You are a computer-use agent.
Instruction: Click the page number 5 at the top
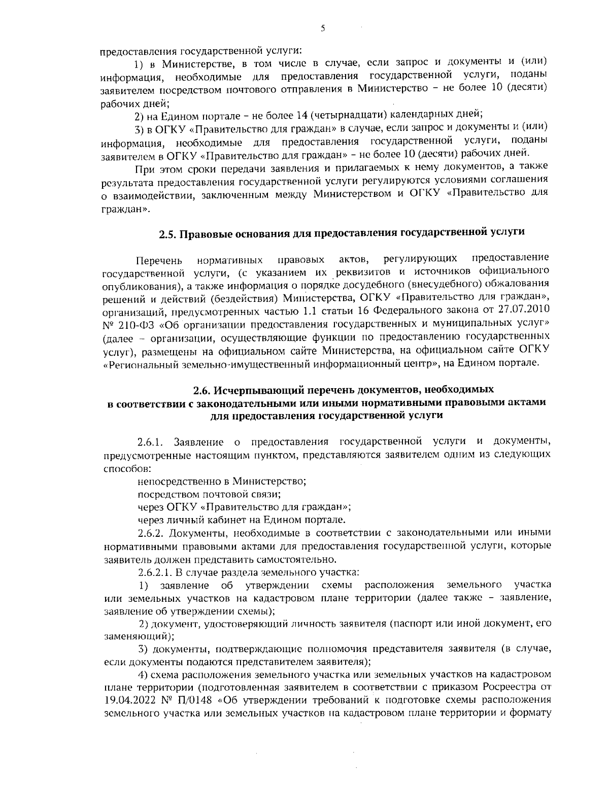pos(323,29)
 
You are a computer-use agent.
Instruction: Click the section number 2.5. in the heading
pos(168,234)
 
